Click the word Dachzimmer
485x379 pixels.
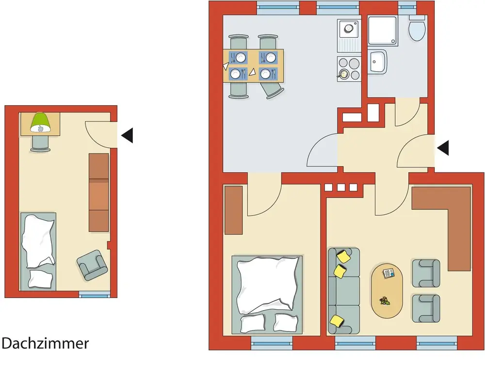(x=45, y=344)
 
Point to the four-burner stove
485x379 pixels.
(x=349, y=68)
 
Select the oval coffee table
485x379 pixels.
(x=387, y=290)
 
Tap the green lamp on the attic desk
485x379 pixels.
(x=41, y=123)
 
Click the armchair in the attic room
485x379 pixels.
(x=92, y=265)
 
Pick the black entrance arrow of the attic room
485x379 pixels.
(x=127, y=136)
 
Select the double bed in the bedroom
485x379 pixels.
(x=268, y=293)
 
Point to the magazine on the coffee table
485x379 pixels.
(x=389, y=274)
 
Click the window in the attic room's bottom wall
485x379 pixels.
(x=94, y=294)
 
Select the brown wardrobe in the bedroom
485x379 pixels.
(x=233, y=210)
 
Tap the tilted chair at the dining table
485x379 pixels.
(x=272, y=90)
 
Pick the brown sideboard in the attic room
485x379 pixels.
(x=98, y=192)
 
